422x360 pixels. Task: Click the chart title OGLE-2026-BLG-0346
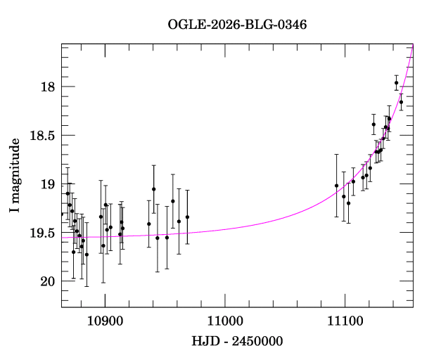tap(237, 25)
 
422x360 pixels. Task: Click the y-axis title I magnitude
tap(15, 176)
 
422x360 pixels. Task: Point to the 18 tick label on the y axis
tap(48, 87)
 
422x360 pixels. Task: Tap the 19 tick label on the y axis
tap(48, 184)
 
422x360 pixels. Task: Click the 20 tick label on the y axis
tap(48, 282)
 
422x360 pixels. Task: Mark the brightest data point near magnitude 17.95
tap(397, 83)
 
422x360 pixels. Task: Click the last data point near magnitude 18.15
tap(401, 102)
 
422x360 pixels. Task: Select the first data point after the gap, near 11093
tap(337, 186)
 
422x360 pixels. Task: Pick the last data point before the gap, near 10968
tap(187, 217)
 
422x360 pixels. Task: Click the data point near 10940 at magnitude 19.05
tap(153, 189)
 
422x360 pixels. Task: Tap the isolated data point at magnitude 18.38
tap(374, 124)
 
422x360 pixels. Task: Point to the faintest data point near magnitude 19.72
tap(87, 255)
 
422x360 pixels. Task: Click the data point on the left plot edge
tap(62, 214)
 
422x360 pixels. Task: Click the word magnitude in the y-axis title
tap(15, 167)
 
